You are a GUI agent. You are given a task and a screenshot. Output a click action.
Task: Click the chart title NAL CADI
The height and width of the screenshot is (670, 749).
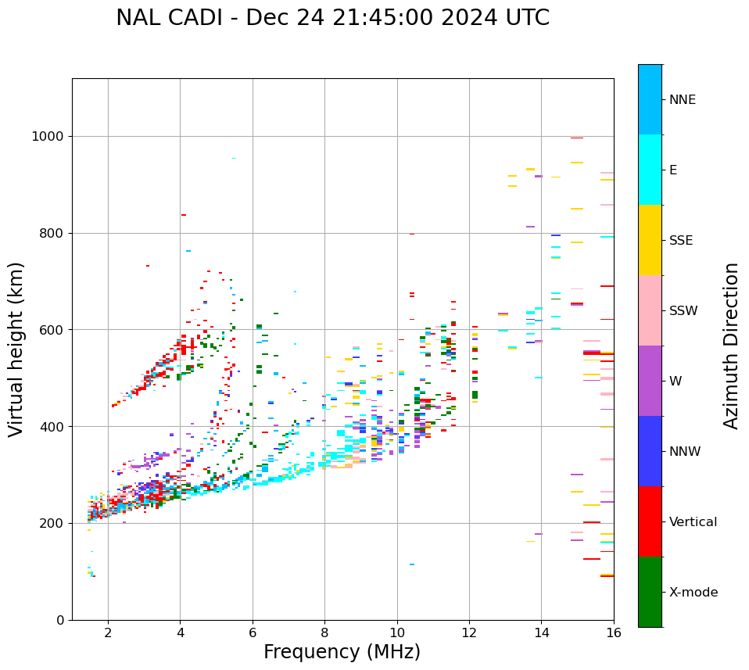pyautogui.click(x=332, y=18)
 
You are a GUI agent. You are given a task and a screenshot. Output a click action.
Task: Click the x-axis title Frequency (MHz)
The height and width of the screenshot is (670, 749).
pyautogui.click(x=342, y=652)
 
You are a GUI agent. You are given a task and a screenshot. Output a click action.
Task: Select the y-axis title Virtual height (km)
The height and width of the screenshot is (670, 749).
pyautogui.click(x=16, y=349)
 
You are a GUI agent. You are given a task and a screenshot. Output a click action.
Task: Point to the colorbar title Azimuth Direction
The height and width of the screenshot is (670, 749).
pyautogui.click(x=731, y=346)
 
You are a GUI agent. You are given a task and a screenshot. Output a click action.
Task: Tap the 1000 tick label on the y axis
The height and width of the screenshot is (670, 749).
pyautogui.click(x=47, y=137)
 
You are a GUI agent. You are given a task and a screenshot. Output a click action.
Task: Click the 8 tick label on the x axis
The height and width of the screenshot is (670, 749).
pyautogui.click(x=324, y=632)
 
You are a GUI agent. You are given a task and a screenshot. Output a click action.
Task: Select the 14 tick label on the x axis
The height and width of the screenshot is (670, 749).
pyautogui.click(x=542, y=632)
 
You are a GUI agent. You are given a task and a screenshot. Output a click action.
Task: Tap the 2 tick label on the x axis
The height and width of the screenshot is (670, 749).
pyautogui.click(x=108, y=632)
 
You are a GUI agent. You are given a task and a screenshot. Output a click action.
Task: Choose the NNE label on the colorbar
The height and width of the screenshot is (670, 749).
pyautogui.click(x=682, y=100)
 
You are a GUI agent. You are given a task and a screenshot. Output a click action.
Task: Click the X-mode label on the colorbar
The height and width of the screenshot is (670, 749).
pyautogui.click(x=693, y=593)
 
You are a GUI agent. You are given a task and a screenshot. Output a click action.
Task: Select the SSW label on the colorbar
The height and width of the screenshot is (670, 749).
pyautogui.click(x=684, y=311)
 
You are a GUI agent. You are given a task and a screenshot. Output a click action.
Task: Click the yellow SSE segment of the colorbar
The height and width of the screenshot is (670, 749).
pyautogui.click(x=650, y=240)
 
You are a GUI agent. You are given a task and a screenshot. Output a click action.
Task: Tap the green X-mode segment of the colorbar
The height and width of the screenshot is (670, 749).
pyautogui.click(x=650, y=592)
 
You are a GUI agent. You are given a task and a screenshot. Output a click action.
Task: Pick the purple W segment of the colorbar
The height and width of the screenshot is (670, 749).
pyautogui.click(x=650, y=381)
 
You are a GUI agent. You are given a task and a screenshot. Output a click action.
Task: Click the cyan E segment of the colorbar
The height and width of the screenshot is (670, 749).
pyautogui.click(x=650, y=170)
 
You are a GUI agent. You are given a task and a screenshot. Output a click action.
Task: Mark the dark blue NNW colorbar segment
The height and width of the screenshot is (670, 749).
pyautogui.click(x=650, y=451)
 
